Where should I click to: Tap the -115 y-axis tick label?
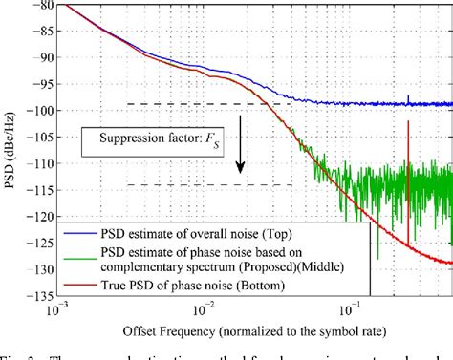[x=42, y=190]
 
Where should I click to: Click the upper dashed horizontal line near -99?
[x=201, y=103]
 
